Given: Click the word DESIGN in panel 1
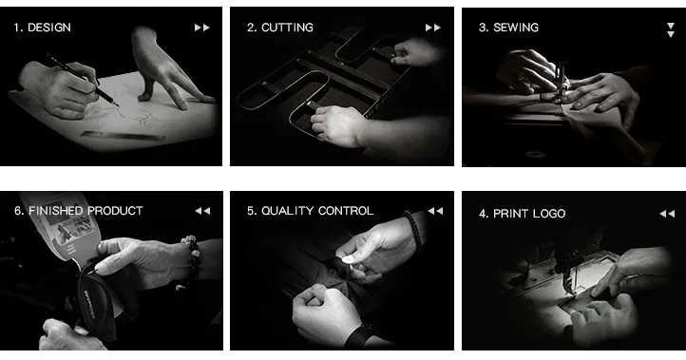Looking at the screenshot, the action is click(x=49, y=28).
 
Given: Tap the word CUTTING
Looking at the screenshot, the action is click(x=287, y=28).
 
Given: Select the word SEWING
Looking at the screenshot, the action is click(x=516, y=28).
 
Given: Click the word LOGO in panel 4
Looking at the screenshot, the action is click(x=547, y=214).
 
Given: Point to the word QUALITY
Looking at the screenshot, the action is click(x=287, y=211).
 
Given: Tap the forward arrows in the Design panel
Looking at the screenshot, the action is click(x=201, y=28).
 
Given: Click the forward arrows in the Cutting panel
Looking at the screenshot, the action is click(x=432, y=28).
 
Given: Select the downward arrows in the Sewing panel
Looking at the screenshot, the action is click(x=670, y=30).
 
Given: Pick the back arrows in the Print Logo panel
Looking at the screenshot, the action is click(x=667, y=214).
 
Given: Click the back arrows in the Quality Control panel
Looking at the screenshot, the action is click(x=435, y=211).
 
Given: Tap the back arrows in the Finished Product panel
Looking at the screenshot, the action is click(x=202, y=211).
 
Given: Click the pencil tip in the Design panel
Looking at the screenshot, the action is click(x=118, y=105).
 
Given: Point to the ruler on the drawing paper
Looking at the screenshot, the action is click(x=123, y=136).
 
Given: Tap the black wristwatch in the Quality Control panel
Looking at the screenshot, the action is click(x=359, y=335).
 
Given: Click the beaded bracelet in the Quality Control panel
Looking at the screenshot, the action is click(x=413, y=231).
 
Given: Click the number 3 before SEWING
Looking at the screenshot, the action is click(x=483, y=28).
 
